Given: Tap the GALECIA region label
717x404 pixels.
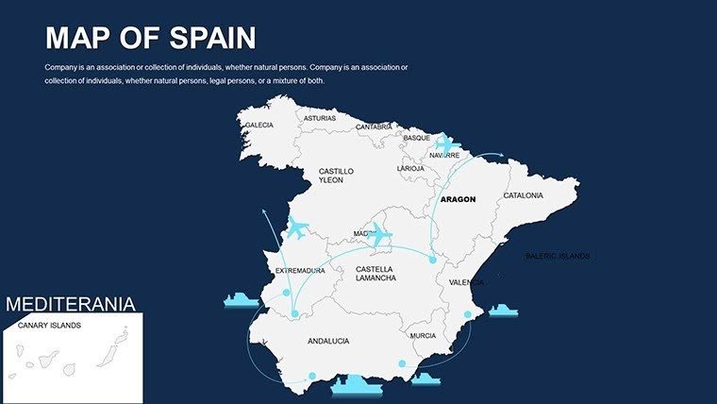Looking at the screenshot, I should coord(258,125).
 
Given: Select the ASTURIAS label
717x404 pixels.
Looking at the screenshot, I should coord(319,119).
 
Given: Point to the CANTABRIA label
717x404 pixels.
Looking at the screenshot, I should coord(375,126).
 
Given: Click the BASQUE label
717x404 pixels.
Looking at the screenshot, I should coord(417,138).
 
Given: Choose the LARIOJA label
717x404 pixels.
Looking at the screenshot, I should coord(410,168).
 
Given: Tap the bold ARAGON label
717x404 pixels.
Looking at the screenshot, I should coord(458,199).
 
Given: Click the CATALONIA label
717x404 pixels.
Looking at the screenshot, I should coord(523,195).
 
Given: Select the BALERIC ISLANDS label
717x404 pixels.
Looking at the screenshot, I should coord(558,256).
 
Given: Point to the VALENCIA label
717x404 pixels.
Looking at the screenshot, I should coord(466,282).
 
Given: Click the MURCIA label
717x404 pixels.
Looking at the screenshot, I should coord(423,335).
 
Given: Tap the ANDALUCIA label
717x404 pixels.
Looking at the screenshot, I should coord(328,341).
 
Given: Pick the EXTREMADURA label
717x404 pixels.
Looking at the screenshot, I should coord(300,271).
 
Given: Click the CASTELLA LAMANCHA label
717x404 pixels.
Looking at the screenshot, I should coord(375,274).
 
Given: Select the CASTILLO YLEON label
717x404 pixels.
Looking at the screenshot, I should coord(336,175).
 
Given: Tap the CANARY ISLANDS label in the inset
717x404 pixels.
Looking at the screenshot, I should coord(49,326).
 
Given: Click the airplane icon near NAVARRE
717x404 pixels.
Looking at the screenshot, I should coord(445,145).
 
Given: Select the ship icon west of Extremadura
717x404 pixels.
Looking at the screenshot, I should coord(240,300).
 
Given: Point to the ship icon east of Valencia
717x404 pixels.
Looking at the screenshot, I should coord(503,311).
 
